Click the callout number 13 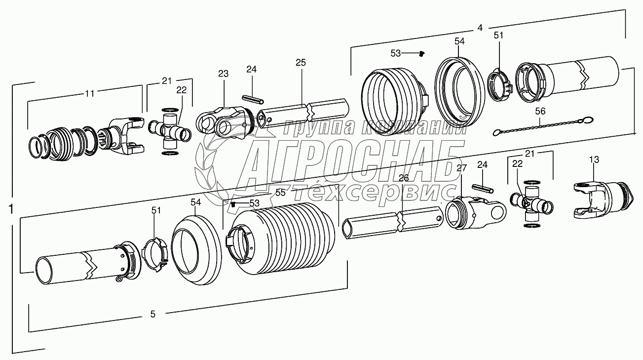(594, 159)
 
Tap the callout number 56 (540, 112)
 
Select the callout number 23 (224, 74)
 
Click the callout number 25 (301, 63)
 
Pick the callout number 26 (404, 178)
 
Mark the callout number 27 (461, 168)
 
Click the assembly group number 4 (480, 28)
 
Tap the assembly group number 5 (152, 314)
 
